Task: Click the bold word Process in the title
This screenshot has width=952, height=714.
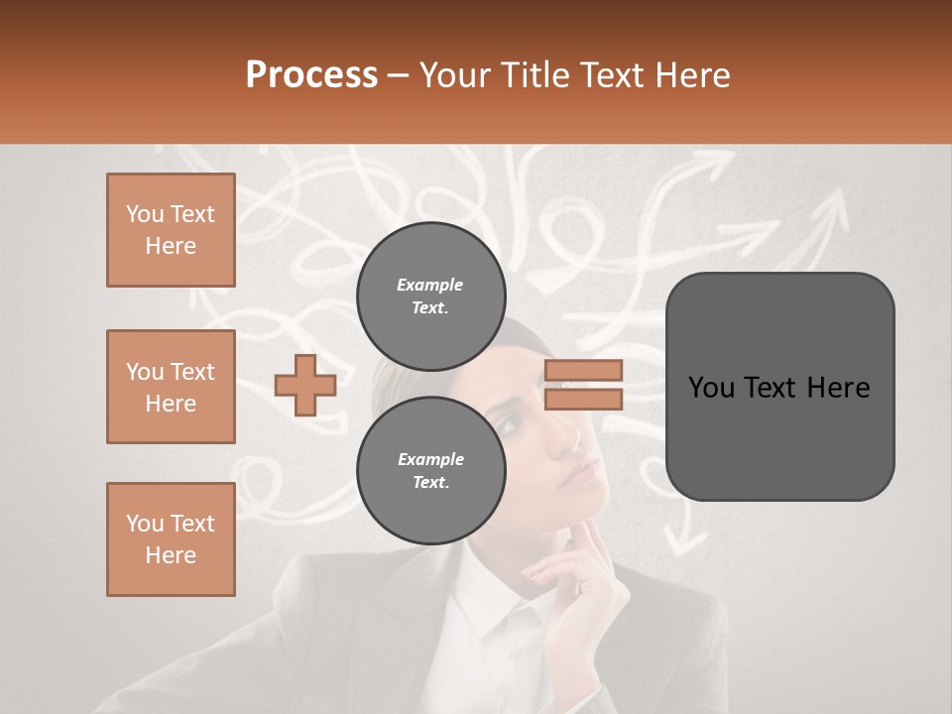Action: [x=311, y=74]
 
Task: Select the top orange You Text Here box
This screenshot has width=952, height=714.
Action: [x=171, y=230]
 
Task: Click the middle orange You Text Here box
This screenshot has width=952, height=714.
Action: [x=171, y=387]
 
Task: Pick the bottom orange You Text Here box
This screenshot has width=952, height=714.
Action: [x=171, y=539]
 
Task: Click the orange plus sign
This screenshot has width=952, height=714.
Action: [x=305, y=385]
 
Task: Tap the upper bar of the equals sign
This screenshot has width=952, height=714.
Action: [x=583, y=370]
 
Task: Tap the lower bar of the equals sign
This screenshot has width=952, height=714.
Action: [x=583, y=399]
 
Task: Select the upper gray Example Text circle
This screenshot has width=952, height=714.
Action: [x=431, y=296]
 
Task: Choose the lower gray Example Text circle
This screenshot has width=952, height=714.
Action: [x=431, y=470]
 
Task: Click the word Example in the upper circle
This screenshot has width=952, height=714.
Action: [x=429, y=285]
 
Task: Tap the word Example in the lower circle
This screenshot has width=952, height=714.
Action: [x=430, y=459]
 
